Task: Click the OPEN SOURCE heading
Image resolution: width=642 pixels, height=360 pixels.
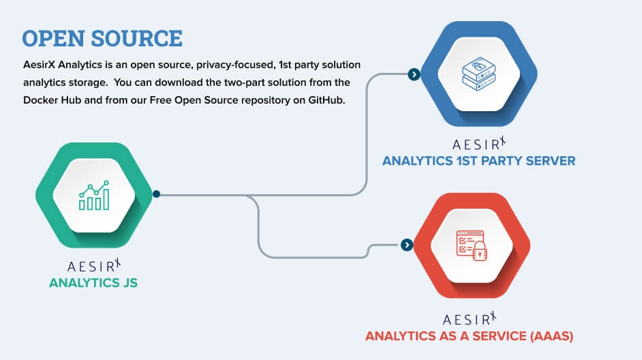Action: pyautogui.click(x=102, y=37)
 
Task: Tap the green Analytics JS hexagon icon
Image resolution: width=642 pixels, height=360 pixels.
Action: pyautogui.click(x=93, y=194)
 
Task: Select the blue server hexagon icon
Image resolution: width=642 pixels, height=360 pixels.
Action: pyautogui.click(x=479, y=74)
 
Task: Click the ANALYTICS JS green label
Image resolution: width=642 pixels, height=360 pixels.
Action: pyautogui.click(x=93, y=282)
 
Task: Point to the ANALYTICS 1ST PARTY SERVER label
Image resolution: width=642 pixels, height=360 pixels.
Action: pyautogui.click(x=478, y=161)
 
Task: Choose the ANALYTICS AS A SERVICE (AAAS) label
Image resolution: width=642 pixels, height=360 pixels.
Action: pyautogui.click(x=470, y=336)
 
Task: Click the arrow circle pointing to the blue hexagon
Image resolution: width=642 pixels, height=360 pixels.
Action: pyautogui.click(x=413, y=74)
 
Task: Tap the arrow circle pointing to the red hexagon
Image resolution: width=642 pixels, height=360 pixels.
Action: pyautogui.click(x=407, y=245)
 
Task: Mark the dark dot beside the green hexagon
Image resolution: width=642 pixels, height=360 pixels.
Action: pyautogui.click(x=156, y=194)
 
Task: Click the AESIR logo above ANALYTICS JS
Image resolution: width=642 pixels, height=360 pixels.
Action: pyautogui.click(x=94, y=265)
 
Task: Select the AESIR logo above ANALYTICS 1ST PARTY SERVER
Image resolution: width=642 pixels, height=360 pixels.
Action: pyautogui.click(x=479, y=144)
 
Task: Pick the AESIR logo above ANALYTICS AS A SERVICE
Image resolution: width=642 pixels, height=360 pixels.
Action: pyautogui.click(x=470, y=319)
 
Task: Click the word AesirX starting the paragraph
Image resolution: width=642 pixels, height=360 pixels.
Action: pyautogui.click(x=40, y=65)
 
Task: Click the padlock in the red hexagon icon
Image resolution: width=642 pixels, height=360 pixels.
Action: pyautogui.click(x=480, y=250)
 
